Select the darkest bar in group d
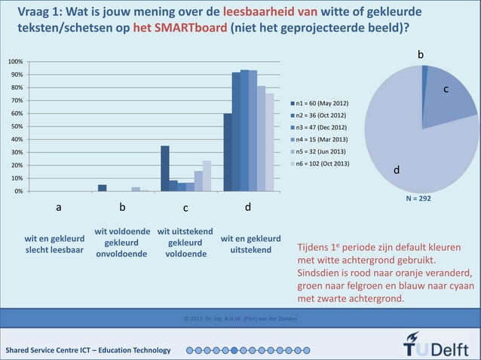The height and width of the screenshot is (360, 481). (x=228, y=152)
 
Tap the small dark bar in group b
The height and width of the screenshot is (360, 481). (x=102, y=188)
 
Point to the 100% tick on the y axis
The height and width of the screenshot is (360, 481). (x=15, y=62)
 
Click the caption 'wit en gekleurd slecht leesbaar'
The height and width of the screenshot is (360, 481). (x=54, y=245)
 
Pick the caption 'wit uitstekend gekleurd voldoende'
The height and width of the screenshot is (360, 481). (x=185, y=243)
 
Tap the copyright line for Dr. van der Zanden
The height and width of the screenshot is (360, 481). (x=240, y=320)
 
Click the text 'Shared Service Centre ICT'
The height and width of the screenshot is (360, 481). (x=53, y=350)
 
